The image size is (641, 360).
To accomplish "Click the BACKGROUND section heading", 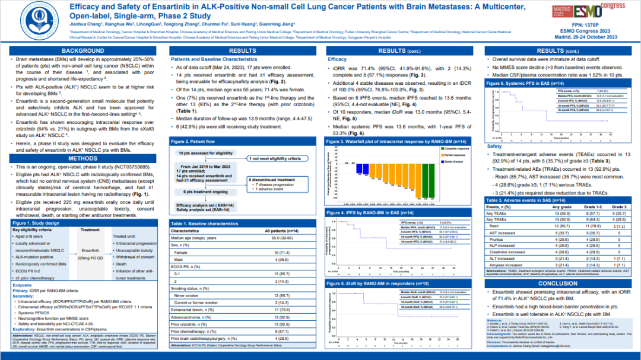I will (83, 51).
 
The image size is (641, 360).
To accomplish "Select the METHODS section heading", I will (83, 158).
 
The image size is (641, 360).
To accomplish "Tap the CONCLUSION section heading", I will (557, 283).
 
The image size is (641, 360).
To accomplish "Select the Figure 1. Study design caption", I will (35, 222).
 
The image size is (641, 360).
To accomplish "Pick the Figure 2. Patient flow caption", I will (193, 142).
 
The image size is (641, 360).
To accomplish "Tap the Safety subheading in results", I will (494, 146).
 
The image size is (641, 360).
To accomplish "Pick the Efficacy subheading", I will (337, 59).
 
